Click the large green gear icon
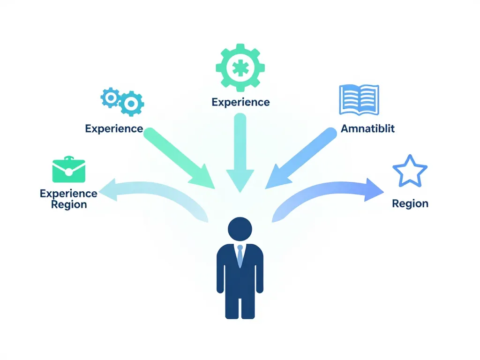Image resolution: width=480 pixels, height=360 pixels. [240, 67]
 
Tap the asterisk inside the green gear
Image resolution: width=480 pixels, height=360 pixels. [240, 68]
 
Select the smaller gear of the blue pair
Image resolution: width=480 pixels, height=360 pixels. [110, 97]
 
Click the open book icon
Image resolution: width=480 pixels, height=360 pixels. [359, 99]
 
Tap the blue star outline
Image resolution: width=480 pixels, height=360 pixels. [410, 172]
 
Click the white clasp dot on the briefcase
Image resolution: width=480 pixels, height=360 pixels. [68, 172]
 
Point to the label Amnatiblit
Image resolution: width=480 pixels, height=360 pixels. [367, 129]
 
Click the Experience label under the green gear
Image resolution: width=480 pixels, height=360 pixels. [240, 102]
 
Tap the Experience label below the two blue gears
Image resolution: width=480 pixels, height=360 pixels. [114, 128]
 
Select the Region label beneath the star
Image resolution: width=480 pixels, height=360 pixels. [410, 204]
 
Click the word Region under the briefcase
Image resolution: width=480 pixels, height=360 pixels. [69, 205]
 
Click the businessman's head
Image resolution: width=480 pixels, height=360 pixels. [240, 229]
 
